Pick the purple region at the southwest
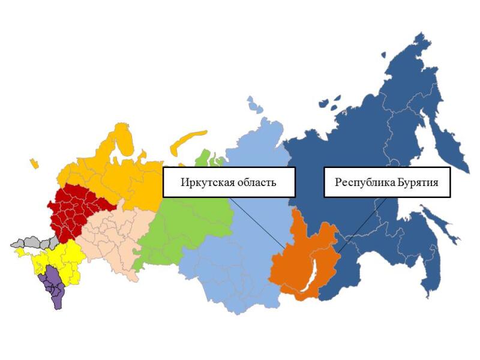54,288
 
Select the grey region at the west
30,243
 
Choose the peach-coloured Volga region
114,240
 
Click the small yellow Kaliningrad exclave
34,163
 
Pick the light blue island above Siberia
254,106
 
